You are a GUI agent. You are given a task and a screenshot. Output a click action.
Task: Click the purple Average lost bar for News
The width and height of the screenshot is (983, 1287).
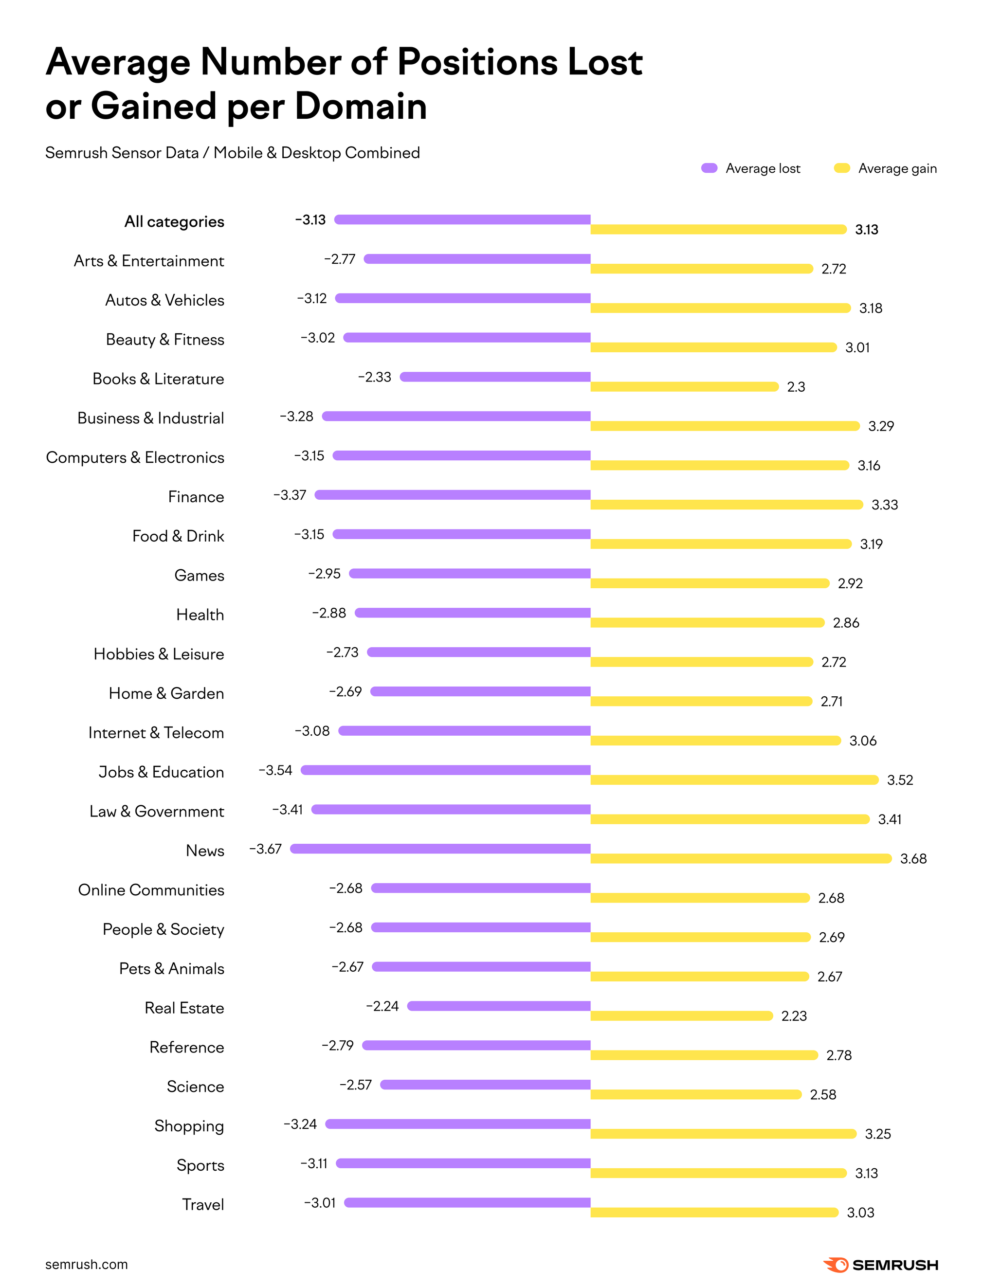[x=440, y=848]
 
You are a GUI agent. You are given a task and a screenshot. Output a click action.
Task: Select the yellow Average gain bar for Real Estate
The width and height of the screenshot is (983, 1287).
[x=682, y=1015]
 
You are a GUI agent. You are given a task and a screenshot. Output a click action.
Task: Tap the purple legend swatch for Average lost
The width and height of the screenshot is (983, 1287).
[x=709, y=168]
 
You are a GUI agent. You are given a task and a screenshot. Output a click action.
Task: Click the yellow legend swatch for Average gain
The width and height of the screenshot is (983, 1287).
[x=841, y=168]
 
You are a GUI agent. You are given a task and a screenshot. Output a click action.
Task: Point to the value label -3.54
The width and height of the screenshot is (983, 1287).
[x=275, y=770]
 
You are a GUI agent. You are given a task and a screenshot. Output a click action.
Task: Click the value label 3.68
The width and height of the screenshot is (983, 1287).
[x=913, y=859]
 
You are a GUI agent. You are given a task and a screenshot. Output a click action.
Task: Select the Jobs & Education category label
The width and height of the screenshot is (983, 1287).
[x=161, y=772]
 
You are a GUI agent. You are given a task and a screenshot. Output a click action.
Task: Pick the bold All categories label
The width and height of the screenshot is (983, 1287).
[x=174, y=222]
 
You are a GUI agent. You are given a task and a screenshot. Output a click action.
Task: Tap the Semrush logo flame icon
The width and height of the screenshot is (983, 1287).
[x=836, y=1265]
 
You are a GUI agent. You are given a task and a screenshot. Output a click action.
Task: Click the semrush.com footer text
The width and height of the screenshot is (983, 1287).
[x=86, y=1264]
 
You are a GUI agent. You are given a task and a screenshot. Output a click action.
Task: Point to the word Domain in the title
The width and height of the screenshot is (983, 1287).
[x=361, y=107]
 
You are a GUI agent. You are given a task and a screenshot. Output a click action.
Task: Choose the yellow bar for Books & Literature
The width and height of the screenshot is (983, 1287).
[x=685, y=387]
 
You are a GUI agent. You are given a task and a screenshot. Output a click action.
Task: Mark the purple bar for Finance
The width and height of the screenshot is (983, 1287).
[x=452, y=495]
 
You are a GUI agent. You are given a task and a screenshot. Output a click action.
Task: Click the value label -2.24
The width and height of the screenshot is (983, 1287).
[x=382, y=1006]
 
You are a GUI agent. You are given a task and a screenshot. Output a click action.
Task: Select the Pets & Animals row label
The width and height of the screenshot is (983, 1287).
[x=171, y=969]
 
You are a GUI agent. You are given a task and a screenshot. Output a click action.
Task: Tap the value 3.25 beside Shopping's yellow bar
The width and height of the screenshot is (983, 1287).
[x=878, y=1134]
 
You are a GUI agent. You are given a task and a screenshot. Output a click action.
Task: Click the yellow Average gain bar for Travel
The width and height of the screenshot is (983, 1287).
[x=714, y=1212]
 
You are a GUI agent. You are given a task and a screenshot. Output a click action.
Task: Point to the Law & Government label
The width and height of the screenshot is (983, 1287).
[x=156, y=812]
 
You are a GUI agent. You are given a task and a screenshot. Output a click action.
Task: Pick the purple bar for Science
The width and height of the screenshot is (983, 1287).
[x=485, y=1085]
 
